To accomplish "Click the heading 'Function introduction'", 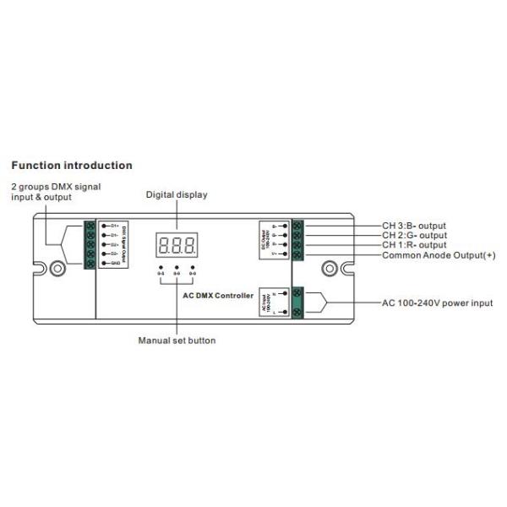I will point(71,166).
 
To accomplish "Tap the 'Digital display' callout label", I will point(177,195).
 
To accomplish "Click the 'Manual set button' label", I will point(177,341).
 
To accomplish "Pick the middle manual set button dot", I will point(177,268).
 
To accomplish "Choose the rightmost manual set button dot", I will point(193,268).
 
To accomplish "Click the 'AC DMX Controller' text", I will point(218,295).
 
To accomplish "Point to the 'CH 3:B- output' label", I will point(414,226).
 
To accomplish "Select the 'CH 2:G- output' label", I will point(414,236).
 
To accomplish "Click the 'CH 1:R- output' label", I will point(414,245).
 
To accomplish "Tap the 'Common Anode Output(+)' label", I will point(439,255).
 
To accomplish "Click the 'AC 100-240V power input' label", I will point(438,303).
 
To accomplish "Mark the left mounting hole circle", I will point(57,270).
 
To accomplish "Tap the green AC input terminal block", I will point(297,303).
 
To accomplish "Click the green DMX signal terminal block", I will point(90,245).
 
